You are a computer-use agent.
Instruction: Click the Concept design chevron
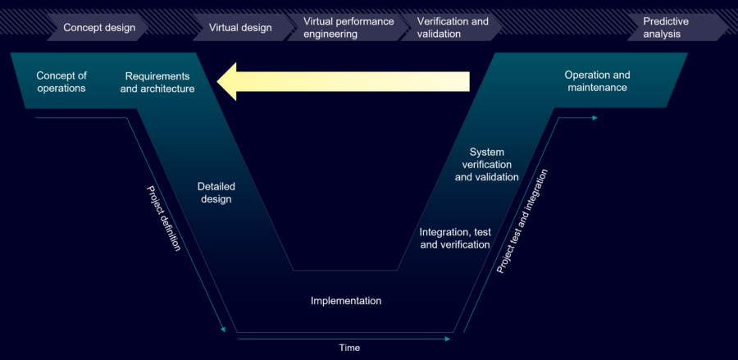(x=99, y=28)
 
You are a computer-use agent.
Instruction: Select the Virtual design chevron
(x=240, y=28)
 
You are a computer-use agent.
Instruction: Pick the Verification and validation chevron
(x=453, y=28)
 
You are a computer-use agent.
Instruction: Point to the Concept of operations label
(x=61, y=82)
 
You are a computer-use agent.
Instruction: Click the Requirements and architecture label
(x=157, y=82)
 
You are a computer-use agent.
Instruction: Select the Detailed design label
(x=215, y=193)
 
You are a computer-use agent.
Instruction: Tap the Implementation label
(x=346, y=301)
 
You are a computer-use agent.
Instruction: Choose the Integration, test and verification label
(x=455, y=239)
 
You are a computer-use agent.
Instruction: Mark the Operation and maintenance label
(x=597, y=81)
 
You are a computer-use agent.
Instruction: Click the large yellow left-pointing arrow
(x=344, y=81)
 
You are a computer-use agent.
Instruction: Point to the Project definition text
(x=163, y=217)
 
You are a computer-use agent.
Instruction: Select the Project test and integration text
(x=522, y=221)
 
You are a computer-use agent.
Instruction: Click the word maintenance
(x=597, y=88)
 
